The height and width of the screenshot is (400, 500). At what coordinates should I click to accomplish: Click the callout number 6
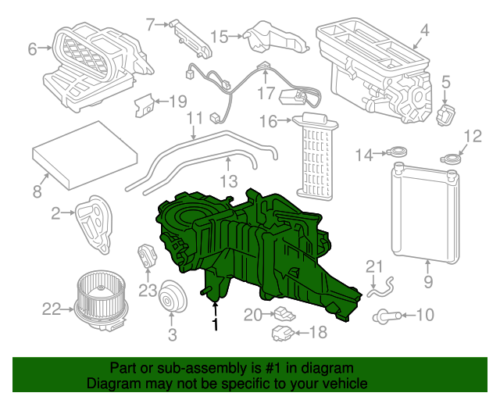pyautogui.click(x=33, y=49)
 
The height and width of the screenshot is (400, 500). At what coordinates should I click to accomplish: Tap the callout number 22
pyautogui.click(x=52, y=309)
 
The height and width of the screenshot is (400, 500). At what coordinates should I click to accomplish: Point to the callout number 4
pyautogui.click(x=424, y=32)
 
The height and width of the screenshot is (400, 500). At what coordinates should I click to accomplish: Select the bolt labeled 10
pyautogui.click(x=389, y=316)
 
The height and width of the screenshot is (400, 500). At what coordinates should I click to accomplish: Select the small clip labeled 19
pyautogui.click(x=145, y=105)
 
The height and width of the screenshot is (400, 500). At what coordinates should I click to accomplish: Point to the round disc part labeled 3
pyautogui.click(x=170, y=301)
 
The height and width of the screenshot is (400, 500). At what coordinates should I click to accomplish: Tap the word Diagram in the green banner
pyautogui.click(x=110, y=384)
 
